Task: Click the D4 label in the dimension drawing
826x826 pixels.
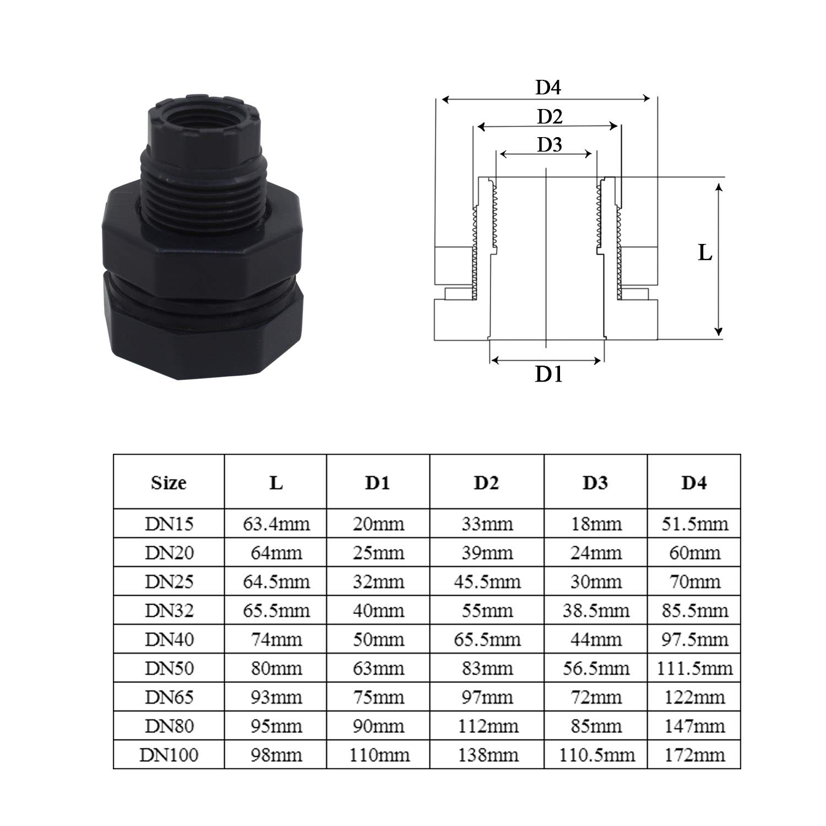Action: [x=548, y=88]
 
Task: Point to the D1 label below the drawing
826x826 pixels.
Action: [x=548, y=374]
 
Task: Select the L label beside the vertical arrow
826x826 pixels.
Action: [x=705, y=253]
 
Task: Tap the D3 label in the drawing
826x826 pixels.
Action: [x=549, y=145]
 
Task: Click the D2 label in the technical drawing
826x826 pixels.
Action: [x=550, y=116]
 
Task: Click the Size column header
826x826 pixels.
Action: [x=169, y=482]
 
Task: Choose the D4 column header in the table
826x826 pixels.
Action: [x=694, y=482]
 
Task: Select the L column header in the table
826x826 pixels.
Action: [x=276, y=482]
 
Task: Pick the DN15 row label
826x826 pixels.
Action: [x=169, y=524]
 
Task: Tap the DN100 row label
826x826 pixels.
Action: [x=169, y=754]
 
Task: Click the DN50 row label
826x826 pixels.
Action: [x=169, y=668]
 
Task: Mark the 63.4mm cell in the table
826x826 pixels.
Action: [x=276, y=524]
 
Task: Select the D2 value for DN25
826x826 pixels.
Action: [x=487, y=582]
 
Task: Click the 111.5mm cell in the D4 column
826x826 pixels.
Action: [x=694, y=668]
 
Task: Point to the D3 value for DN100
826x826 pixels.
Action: [x=596, y=754]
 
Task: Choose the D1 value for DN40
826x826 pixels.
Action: [x=378, y=639]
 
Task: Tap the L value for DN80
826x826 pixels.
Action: [x=276, y=726]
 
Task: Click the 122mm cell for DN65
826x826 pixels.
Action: [x=694, y=697]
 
